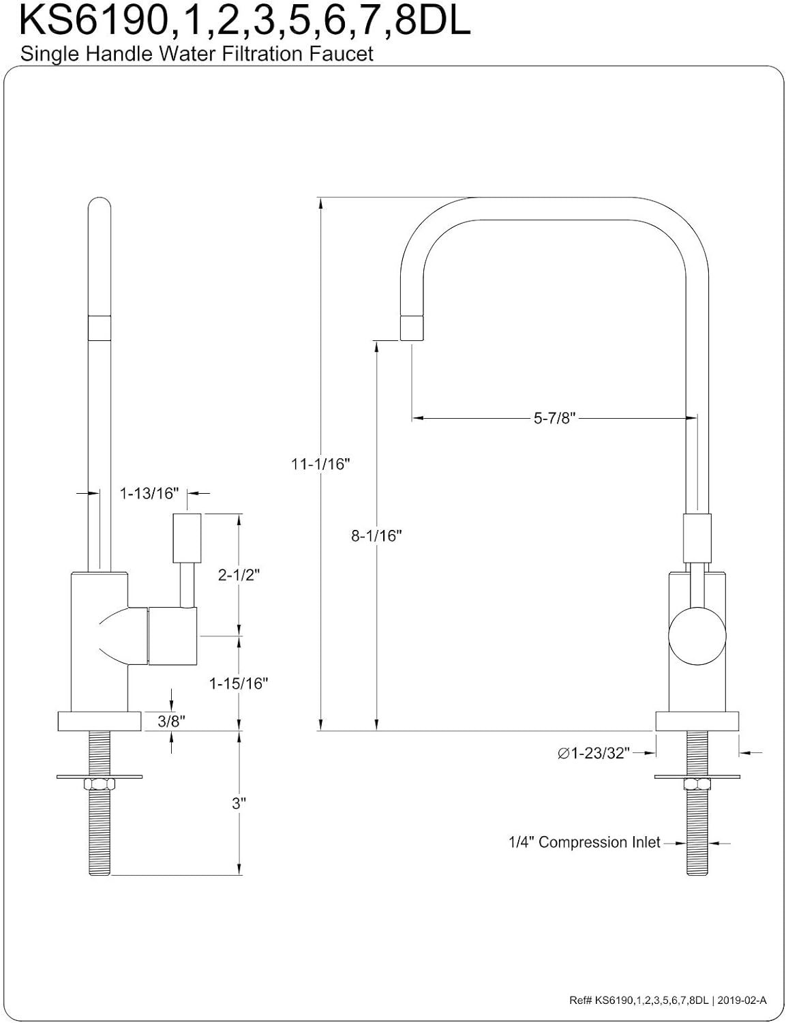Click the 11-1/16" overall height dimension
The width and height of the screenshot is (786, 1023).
(320, 464)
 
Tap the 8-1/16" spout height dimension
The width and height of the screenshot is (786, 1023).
(376, 535)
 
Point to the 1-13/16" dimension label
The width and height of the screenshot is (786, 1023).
(149, 493)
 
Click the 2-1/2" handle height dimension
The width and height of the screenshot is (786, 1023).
(239, 575)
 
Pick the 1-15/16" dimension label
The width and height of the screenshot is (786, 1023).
(239, 683)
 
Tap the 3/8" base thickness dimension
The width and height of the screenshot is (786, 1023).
(171, 721)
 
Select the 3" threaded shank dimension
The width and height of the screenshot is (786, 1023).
(239, 803)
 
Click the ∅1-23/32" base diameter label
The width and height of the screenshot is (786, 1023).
(594, 753)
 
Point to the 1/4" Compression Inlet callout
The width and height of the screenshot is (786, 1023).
(584, 842)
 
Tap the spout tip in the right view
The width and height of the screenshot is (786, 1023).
(412, 328)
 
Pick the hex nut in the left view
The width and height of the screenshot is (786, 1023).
(100, 785)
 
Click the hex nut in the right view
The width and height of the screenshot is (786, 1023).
(697, 785)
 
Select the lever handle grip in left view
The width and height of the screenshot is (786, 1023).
(187, 538)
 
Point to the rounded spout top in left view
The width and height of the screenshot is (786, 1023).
(100, 207)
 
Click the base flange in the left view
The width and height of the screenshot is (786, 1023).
(100, 722)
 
